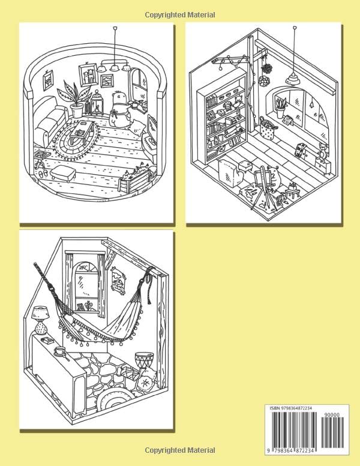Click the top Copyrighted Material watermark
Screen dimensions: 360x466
[180, 14]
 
